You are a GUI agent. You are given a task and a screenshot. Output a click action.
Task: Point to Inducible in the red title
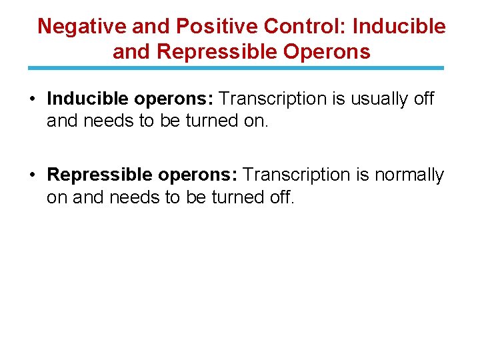pyautogui.click(x=399, y=27)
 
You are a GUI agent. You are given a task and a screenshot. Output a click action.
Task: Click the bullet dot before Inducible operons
pyautogui.click(x=32, y=99)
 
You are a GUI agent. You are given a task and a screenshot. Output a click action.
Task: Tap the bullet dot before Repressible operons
pyautogui.click(x=32, y=175)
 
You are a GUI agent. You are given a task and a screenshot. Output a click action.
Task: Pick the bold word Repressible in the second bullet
pyautogui.click(x=100, y=175)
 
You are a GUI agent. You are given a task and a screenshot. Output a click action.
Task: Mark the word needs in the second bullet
pyautogui.click(x=133, y=198)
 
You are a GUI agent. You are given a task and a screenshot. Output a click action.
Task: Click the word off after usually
pyautogui.click(x=423, y=99)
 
